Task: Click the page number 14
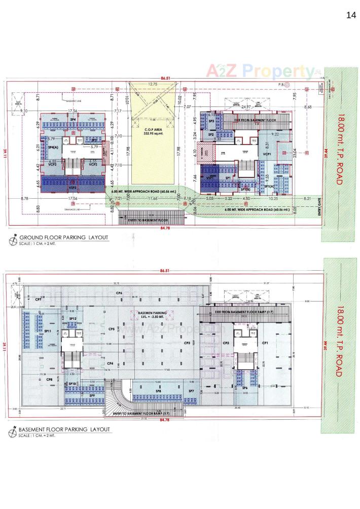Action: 351,15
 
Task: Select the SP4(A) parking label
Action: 53,147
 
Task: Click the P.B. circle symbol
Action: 287,85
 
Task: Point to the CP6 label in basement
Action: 119,293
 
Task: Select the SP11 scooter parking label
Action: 48,331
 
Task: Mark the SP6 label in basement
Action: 244,388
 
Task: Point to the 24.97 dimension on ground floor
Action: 246,107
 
